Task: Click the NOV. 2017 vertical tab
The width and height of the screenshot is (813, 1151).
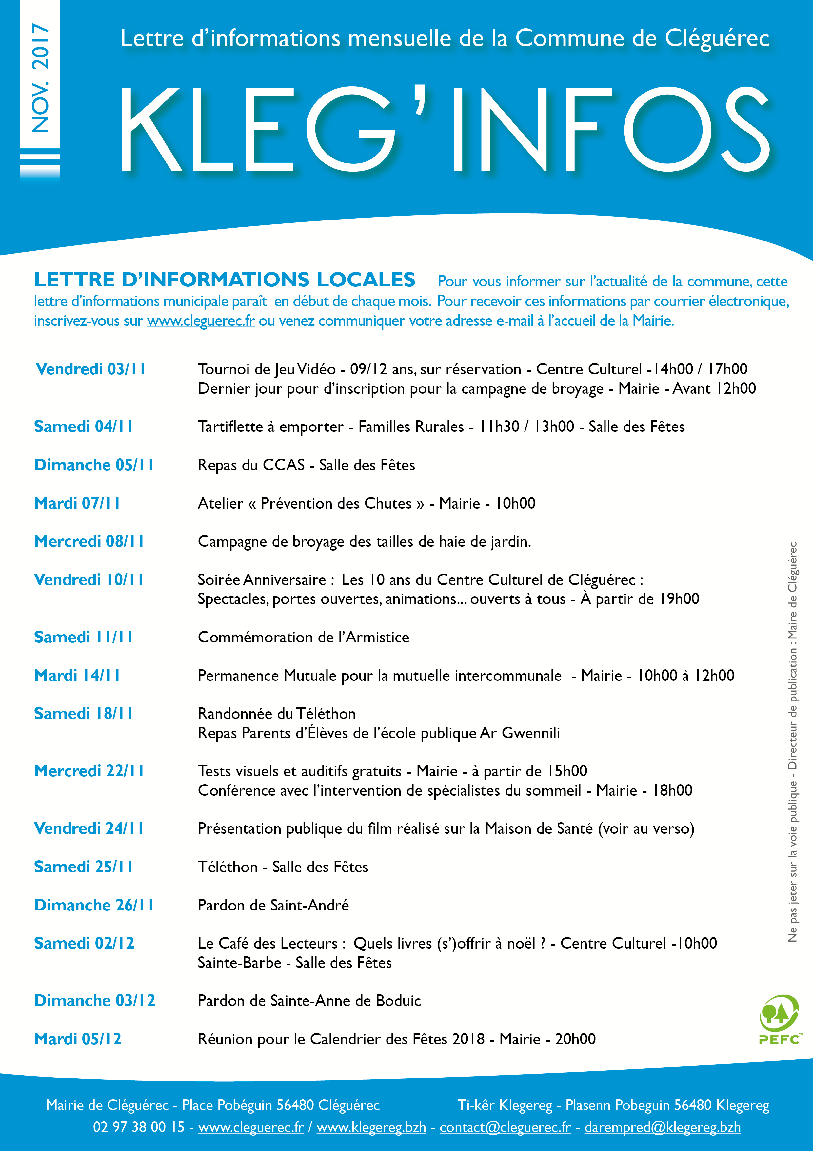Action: [x=40, y=78]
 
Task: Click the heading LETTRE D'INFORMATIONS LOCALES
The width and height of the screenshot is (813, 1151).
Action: [x=225, y=280]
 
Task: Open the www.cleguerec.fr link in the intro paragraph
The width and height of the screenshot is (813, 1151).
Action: [x=201, y=321]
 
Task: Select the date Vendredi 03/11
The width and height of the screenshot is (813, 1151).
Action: [x=91, y=369]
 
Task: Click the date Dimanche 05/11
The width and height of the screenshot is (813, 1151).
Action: [x=94, y=465]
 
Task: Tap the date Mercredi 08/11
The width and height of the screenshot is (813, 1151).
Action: [x=89, y=541]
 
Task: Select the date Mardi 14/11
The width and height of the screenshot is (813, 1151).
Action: [x=77, y=675]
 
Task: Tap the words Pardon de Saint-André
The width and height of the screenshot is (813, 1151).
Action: [x=273, y=905]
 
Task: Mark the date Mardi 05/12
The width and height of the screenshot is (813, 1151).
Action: [x=78, y=1039]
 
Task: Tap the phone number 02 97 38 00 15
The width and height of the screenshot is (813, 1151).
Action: [x=139, y=1127]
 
